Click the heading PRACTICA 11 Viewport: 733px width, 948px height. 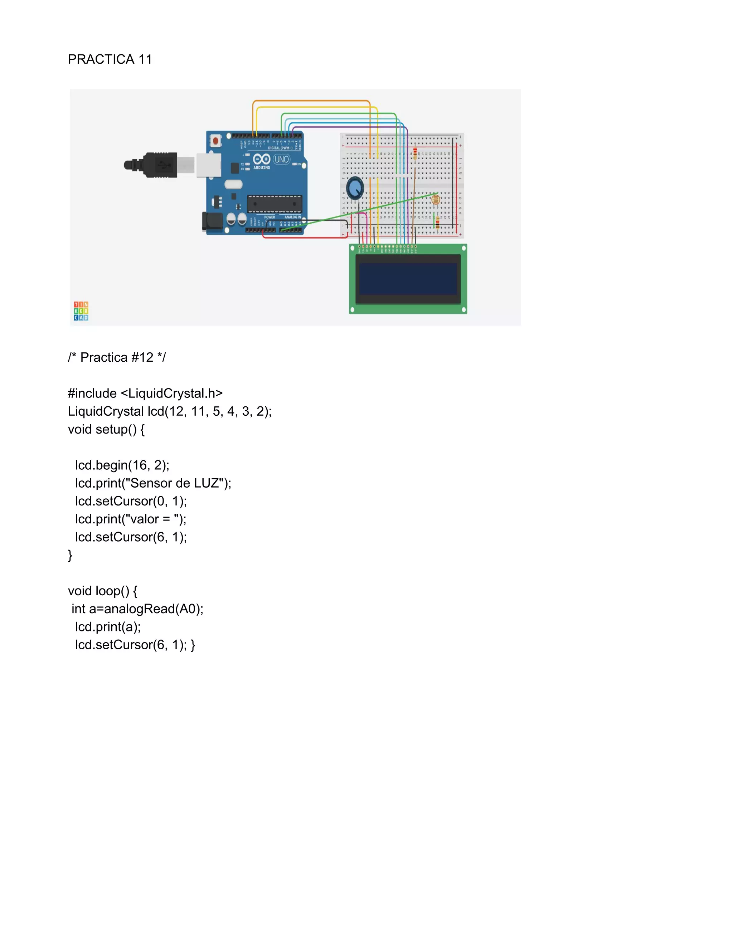tap(110, 59)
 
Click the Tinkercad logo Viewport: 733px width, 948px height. tap(81, 311)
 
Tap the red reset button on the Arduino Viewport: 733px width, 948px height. tap(215, 141)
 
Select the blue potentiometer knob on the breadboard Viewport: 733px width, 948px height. tap(355, 188)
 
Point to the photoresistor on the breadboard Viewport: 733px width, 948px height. tap(436, 200)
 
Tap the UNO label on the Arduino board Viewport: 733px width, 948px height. tap(281, 159)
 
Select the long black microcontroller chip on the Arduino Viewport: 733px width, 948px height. tap(275, 204)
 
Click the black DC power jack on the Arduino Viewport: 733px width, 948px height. tap(212, 221)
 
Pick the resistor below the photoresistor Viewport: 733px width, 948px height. tap(437, 222)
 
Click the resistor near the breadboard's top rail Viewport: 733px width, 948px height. tap(415, 153)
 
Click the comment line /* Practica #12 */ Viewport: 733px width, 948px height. tap(117, 357)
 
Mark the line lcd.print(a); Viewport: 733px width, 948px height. tap(108, 627)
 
